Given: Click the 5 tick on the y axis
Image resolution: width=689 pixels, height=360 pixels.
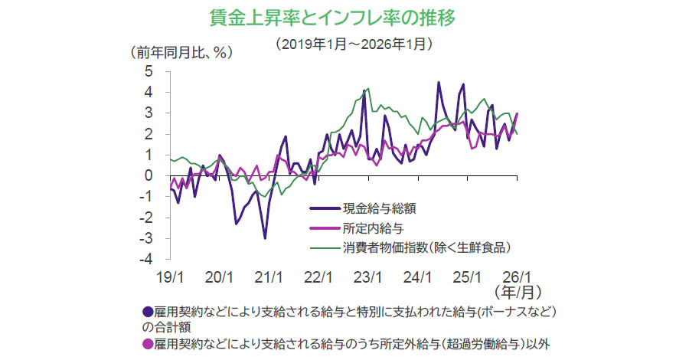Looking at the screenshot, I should click(x=149, y=71).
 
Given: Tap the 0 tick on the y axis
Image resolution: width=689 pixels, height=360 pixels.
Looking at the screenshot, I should click(x=149, y=175).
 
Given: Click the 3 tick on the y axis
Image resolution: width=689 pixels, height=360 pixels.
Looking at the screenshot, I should click(x=149, y=113).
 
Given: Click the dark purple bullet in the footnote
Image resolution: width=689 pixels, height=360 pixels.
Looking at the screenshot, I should click(x=148, y=313).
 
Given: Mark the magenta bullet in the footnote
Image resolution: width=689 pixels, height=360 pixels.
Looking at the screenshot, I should click(x=148, y=342).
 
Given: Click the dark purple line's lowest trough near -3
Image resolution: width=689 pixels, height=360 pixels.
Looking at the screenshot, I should click(x=266, y=238).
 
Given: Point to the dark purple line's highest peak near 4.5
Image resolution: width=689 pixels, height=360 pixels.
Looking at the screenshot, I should click(x=439, y=82).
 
